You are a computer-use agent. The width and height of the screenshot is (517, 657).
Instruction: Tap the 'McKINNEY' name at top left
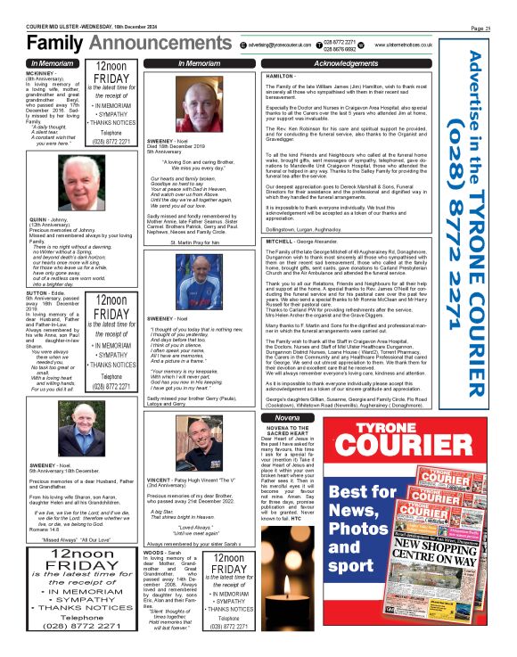pos(43,74)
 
